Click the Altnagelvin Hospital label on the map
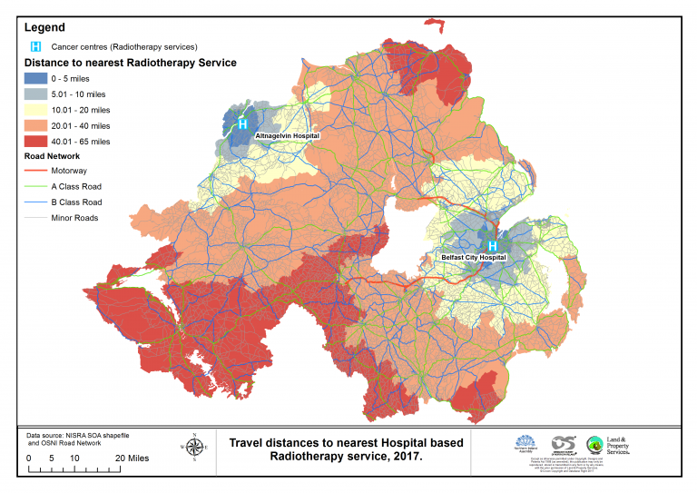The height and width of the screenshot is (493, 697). pos(288,135)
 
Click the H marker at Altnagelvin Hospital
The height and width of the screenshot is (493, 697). pos(242,123)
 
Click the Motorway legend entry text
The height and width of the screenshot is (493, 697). pos(83,170)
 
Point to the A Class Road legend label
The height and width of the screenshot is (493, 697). pos(90,186)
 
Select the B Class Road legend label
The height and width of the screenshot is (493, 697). pos(90,202)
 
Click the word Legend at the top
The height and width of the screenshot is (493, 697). pos(44,28)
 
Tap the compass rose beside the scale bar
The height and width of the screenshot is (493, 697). pos(194,446)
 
